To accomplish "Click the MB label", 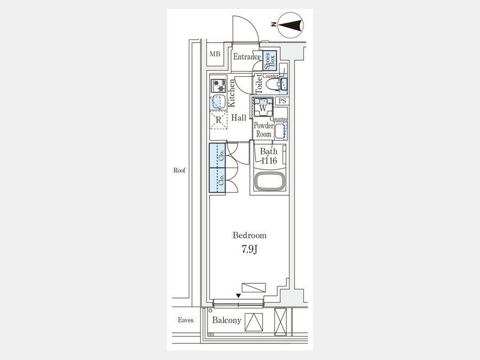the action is pos(215,54).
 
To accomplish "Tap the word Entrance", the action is pos(247,57).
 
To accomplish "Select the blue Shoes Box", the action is pos(270,60).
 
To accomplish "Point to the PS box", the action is pos(282,101).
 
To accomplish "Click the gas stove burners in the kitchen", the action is pos(218,86).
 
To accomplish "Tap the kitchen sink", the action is pos(218,102).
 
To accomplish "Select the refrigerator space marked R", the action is pos(218,119).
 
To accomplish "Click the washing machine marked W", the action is pos(262,108).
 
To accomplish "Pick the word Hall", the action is pos(239,118).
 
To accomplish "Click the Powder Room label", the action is pos(263,130).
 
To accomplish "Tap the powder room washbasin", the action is pos(280,131).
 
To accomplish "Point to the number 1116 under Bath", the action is pos(269,160).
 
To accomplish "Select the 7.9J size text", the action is pos(249,250).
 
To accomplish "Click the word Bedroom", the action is pos(250,235).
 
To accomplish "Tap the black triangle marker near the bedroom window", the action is pos(238,295).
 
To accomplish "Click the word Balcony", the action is pos(227,320).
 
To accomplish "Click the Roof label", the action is pos(179,171).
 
